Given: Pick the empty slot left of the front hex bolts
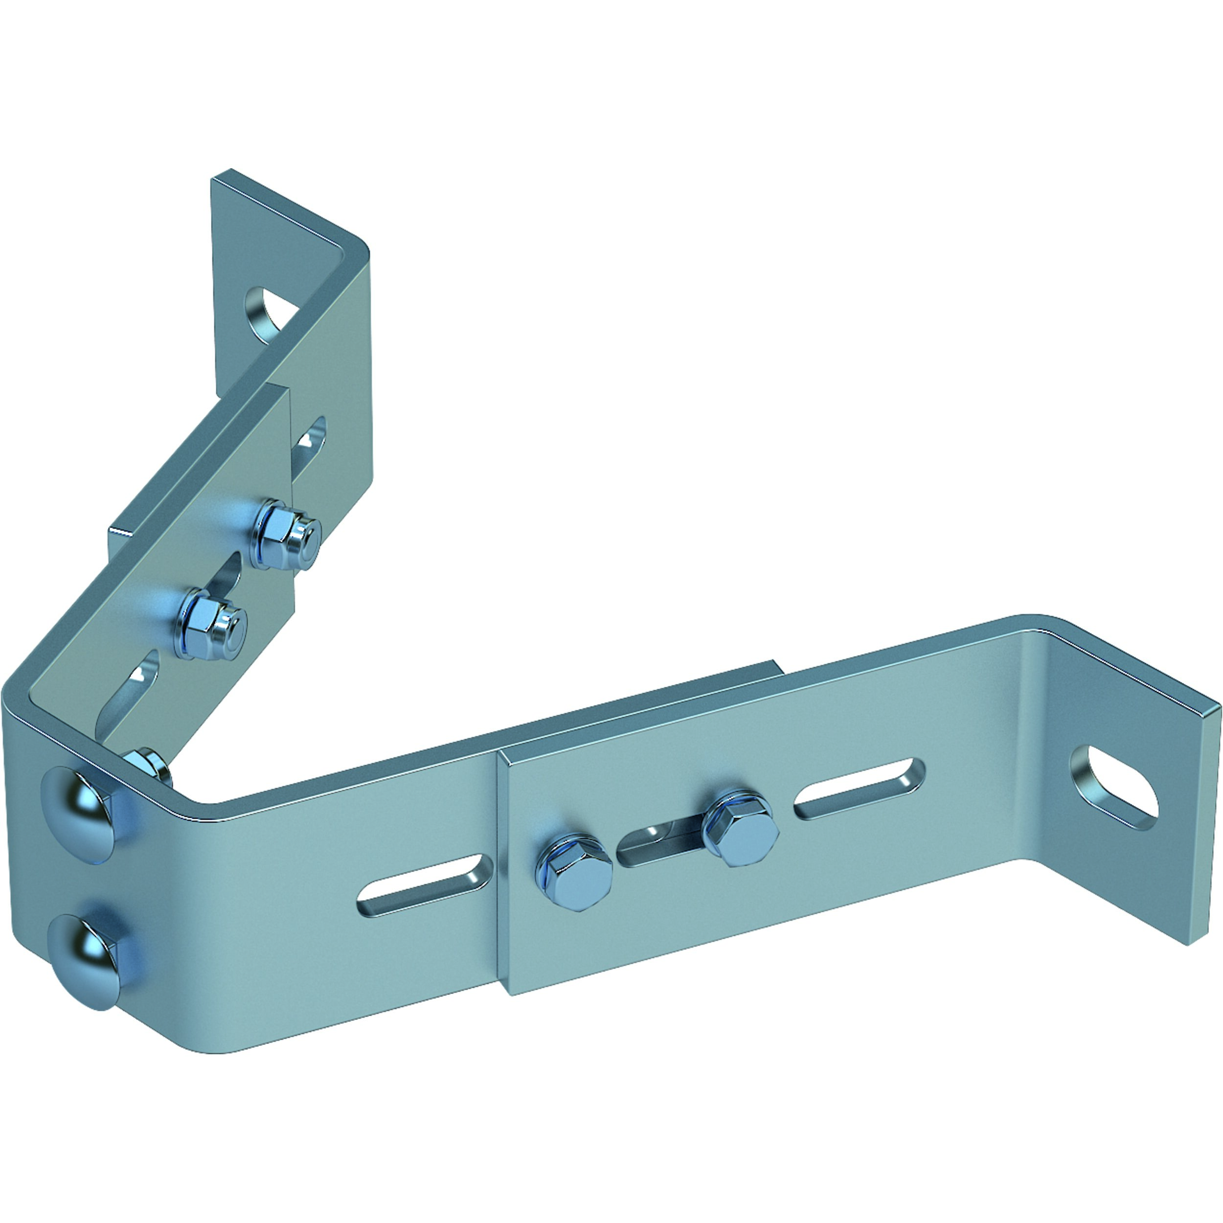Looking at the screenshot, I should point(425,885).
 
